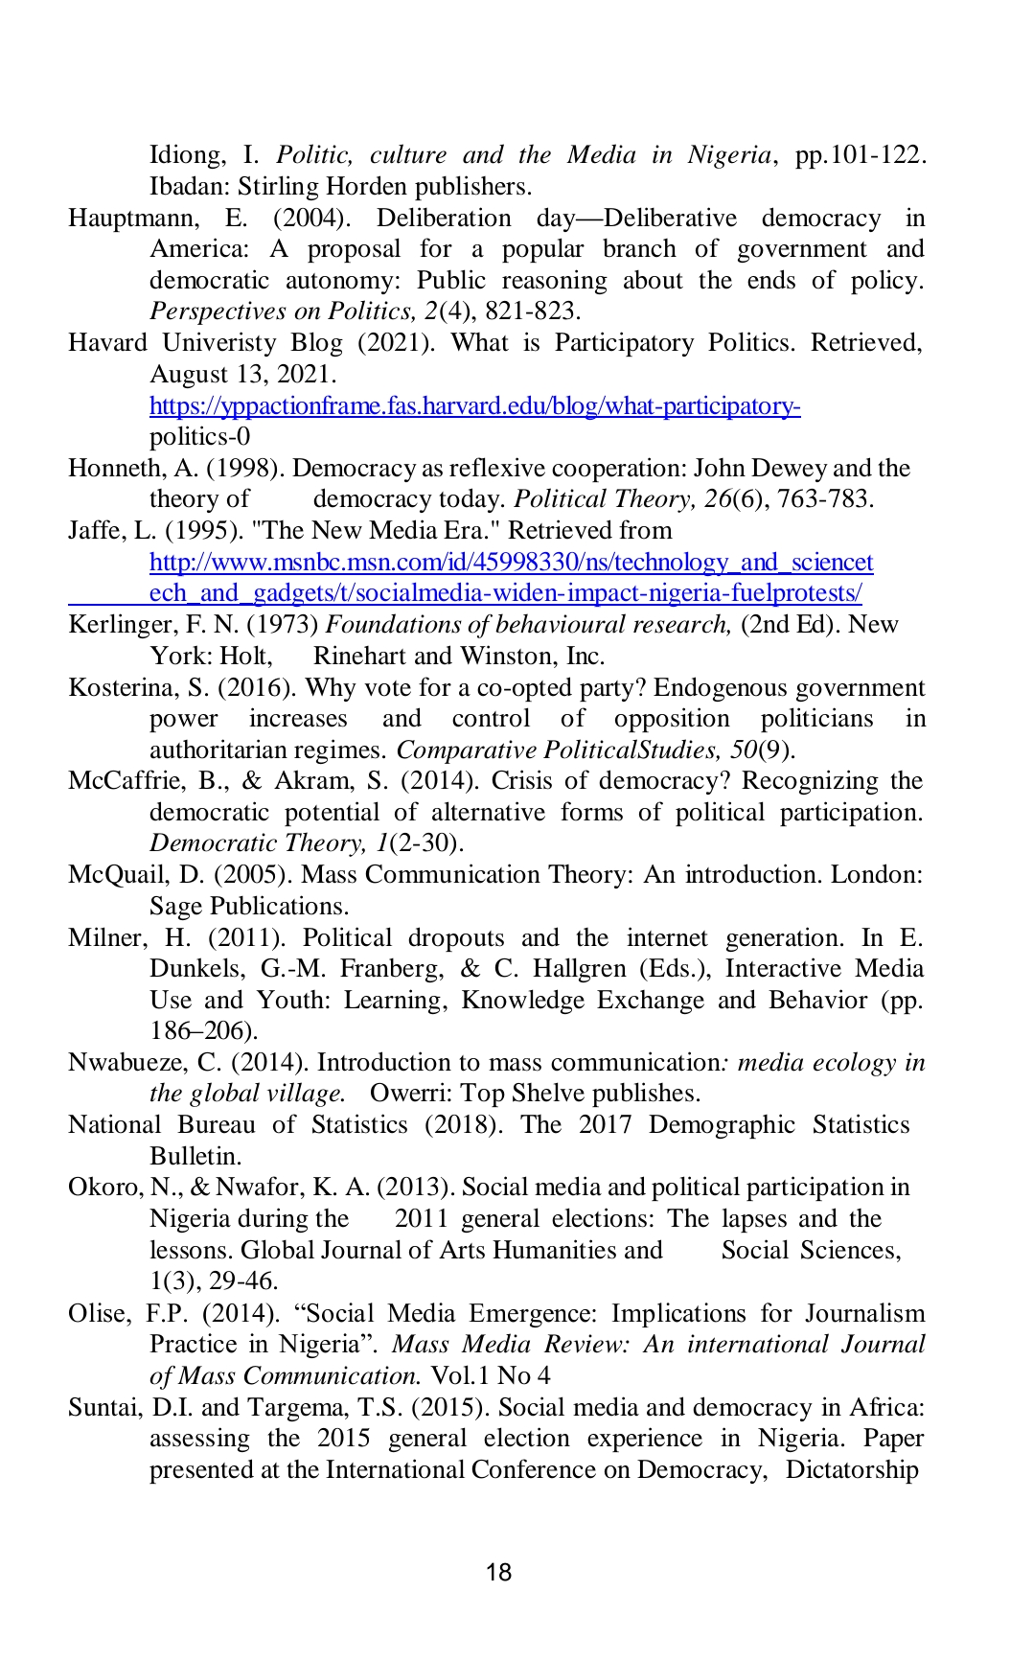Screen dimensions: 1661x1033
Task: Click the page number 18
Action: point(498,1573)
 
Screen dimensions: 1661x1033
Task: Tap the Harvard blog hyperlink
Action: point(474,406)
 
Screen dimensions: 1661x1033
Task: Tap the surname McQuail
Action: point(116,875)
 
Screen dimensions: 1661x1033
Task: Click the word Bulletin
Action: point(195,1157)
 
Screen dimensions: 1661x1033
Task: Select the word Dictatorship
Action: point(852,1470)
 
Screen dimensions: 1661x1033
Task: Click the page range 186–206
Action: point(203,1031)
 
